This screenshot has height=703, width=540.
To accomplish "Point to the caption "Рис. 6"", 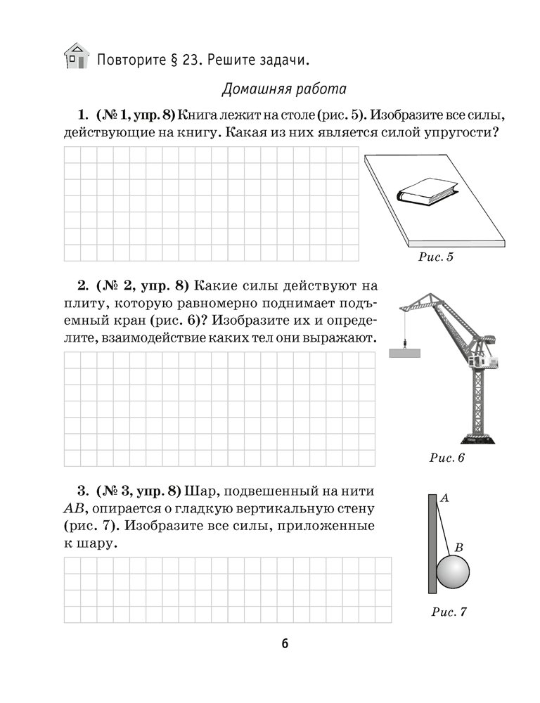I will (x=446, y=458).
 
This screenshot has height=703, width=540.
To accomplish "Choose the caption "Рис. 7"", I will (x=449, y=612).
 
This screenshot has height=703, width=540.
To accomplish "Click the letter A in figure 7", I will (x=444, y=498).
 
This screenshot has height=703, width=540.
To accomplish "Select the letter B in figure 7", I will (x=458, y=546).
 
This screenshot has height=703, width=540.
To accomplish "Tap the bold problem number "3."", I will (x=82, y=490).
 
